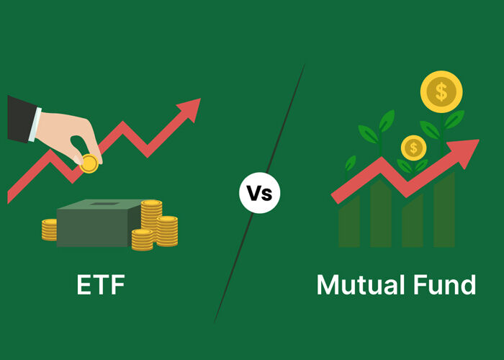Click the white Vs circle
[260, 193]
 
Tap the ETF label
[101, 284]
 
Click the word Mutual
[361, 284]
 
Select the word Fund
[444, 284]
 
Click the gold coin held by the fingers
[89, 163]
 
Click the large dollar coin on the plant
[441, 91]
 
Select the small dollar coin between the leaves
[414, 148]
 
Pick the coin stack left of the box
[49, 230]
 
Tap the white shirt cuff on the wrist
[35, 125]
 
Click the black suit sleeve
[20, 119]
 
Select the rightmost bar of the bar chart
[444, 210]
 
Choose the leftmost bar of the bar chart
[349, 222]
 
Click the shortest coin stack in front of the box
[142, 240]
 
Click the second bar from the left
[381, 213]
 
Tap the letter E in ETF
[84, 284]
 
